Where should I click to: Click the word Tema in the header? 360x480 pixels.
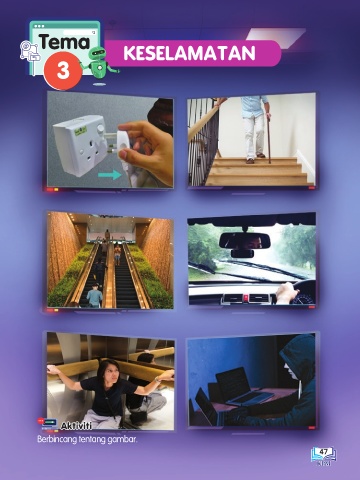65,42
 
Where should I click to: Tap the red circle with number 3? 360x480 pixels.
63,71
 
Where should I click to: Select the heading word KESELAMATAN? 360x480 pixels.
189,53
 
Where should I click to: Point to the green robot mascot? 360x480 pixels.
99,63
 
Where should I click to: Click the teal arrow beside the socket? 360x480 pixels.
110,175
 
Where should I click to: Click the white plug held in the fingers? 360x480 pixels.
124,148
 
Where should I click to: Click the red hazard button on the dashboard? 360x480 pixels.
246,297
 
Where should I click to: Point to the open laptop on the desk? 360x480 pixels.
242,387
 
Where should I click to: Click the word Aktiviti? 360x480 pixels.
76,426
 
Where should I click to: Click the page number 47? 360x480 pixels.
324,452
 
